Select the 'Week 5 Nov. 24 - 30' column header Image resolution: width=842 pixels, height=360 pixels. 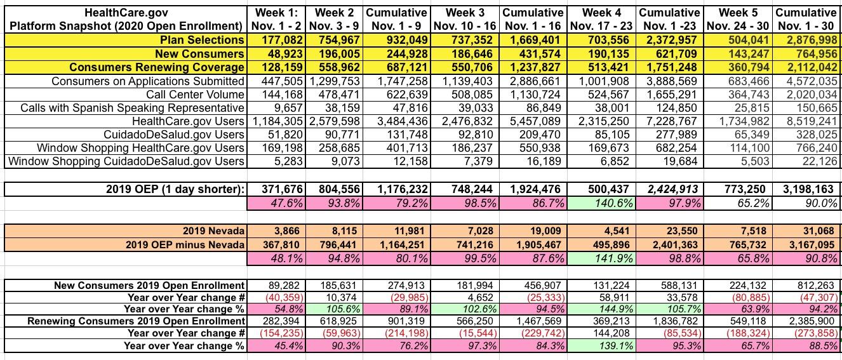738,19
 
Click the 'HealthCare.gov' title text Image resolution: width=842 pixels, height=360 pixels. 124,12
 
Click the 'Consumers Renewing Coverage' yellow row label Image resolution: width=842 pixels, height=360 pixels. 157,67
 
